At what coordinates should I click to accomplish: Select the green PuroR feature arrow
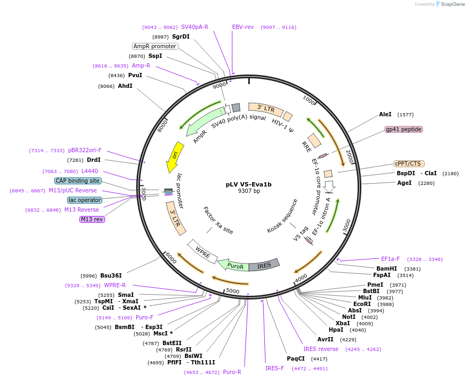coord(234,265)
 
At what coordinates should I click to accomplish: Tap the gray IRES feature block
coord(264,265)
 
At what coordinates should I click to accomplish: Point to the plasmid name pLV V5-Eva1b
coord(249,184)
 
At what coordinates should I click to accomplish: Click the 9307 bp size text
coord(249,191)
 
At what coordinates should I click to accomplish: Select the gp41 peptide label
coord(404,130)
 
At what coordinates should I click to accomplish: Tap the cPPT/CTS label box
coord(408,164)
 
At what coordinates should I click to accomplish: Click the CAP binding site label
coord(78,181)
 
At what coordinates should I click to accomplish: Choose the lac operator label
coord(85,200)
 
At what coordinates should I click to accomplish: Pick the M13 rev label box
coord(92,219)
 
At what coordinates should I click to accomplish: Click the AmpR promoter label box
coord(155,46)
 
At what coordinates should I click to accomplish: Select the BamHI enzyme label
coord(387,268)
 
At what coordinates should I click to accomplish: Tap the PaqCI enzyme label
coord(295,358)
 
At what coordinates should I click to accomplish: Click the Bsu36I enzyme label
coord(111,275)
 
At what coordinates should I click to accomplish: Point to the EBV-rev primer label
coord(243,27)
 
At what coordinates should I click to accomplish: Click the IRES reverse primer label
coord(321,349)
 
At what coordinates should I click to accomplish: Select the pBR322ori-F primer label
coord(85,151)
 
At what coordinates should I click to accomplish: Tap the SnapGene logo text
coord(452,4)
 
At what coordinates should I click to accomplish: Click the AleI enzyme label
coord(386,114)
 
